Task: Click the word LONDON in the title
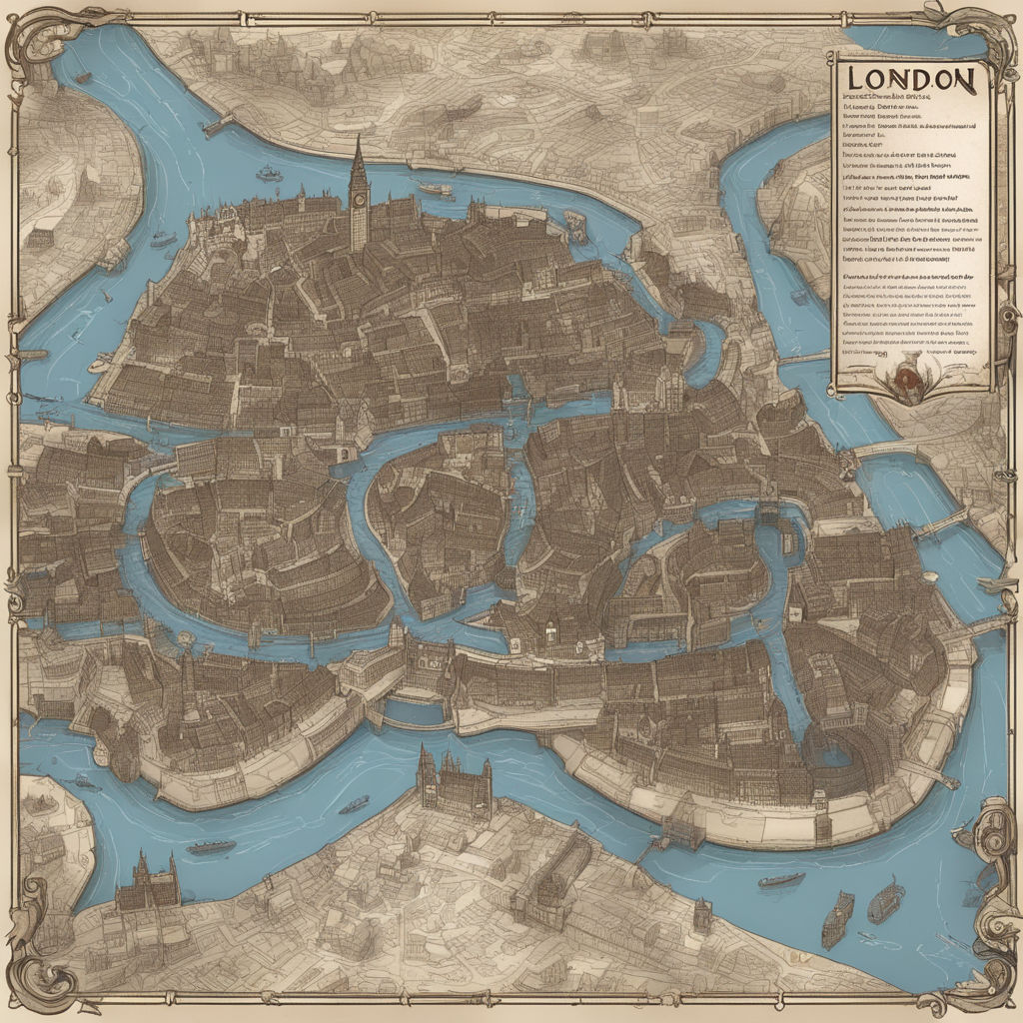(912, 79)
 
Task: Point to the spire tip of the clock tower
(358, 138)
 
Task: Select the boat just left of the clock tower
(269, 174)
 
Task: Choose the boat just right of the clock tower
(435, 188)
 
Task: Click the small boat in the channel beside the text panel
(799, 296)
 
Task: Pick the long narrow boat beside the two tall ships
(781, 880)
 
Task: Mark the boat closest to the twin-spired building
(212, 846)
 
